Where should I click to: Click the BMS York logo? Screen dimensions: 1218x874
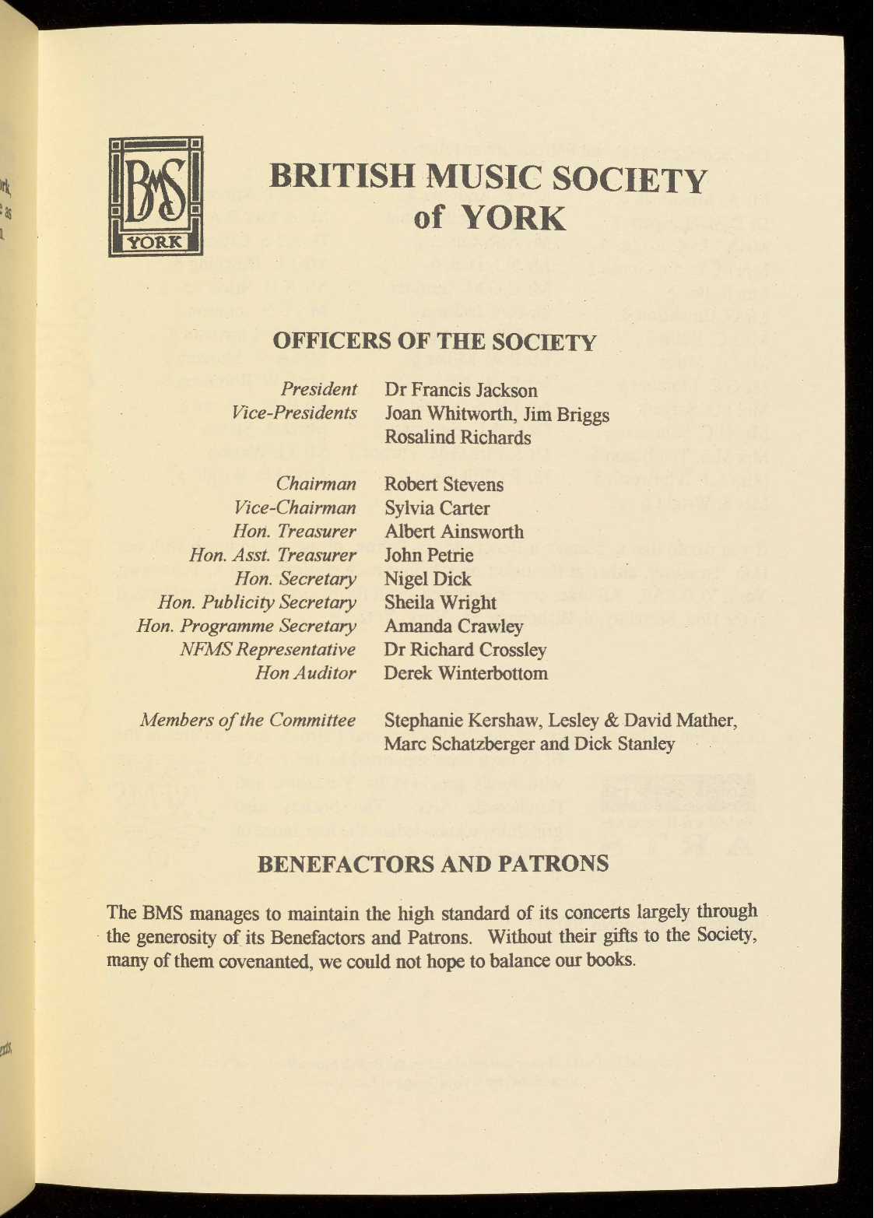coord(156,196)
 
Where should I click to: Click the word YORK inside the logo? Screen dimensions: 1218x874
coord(155,242)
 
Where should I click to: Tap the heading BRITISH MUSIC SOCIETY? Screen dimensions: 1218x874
coord(487,178)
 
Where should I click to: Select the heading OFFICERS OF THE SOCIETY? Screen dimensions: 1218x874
coord(435,342)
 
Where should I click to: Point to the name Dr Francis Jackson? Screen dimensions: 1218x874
coord(461,390)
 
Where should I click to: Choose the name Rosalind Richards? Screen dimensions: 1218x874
coord(458,437)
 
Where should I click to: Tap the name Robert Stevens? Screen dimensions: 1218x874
coord(444,485)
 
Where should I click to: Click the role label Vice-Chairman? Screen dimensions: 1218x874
coord(295,508)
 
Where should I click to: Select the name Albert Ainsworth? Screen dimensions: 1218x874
coord(454,532)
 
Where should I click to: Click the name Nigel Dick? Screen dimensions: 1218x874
coord(427,579)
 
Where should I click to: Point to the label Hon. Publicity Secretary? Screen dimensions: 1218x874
coord(257,602)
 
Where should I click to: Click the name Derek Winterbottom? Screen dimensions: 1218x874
coord(465,673)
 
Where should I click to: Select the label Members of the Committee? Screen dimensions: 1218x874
coord(247,721)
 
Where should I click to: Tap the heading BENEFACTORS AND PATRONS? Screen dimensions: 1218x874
coord(433,864)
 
